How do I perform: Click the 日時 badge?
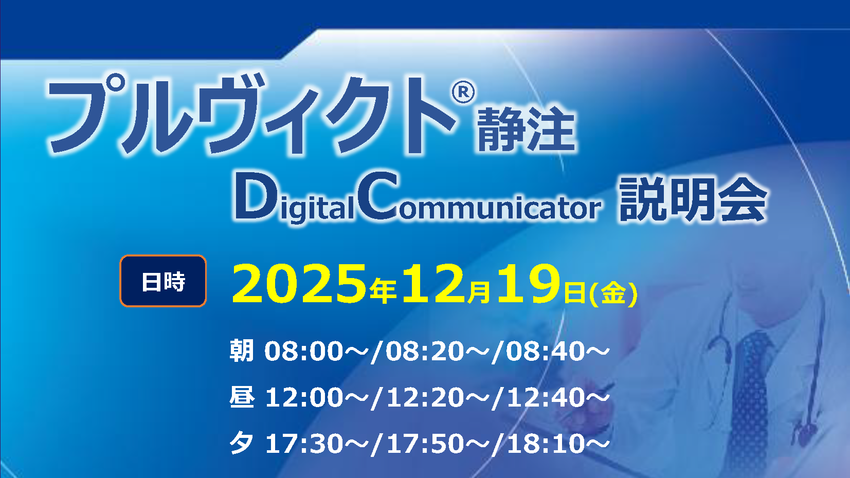[x=163, y=281]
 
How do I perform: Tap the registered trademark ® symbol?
[x=463, y=93]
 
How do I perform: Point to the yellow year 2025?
[x=299, y=283]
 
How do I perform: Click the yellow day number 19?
[x=528, y=283]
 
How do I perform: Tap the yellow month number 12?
[x=433, y=283]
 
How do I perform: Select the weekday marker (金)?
[x=613, y=293]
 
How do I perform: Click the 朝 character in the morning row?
[x=242, y=351]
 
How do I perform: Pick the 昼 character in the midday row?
[x=242, y=397]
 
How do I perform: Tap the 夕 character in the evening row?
[x=242, y=443]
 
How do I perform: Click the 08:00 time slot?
[x=303, y=352]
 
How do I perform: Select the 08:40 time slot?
[x=546, y=352]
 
